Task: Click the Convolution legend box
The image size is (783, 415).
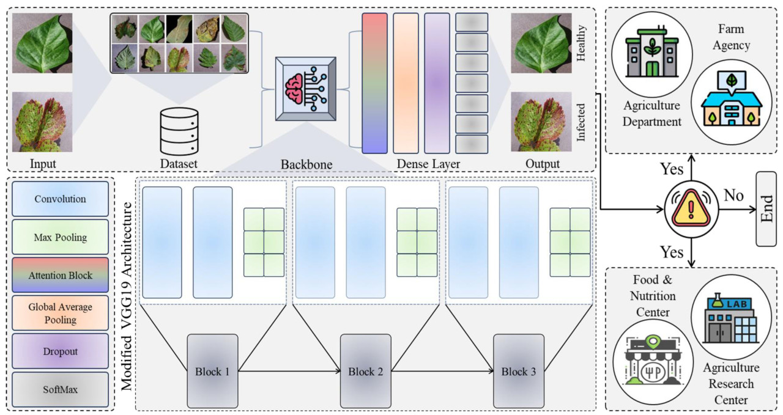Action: (60, 199)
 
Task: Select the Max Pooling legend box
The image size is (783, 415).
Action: (60, 237)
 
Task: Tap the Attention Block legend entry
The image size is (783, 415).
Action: (60, 275)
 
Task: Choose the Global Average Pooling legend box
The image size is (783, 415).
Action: (60, 314)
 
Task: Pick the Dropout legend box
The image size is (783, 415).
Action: (60, 352)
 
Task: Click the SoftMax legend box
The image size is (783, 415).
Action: (60, 389)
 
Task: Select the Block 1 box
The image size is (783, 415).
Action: (212, 371)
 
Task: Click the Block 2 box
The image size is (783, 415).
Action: (365, 371)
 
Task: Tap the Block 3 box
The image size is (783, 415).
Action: (518, 371)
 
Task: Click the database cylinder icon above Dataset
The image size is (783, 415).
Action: (179, 131)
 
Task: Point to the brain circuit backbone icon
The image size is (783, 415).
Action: (305, 88)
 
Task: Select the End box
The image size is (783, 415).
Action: (766, 209)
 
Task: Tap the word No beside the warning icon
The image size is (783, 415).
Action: (733, 196)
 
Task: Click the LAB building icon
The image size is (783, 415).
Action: (727, 318)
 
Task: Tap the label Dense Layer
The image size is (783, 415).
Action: (428, 164)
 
